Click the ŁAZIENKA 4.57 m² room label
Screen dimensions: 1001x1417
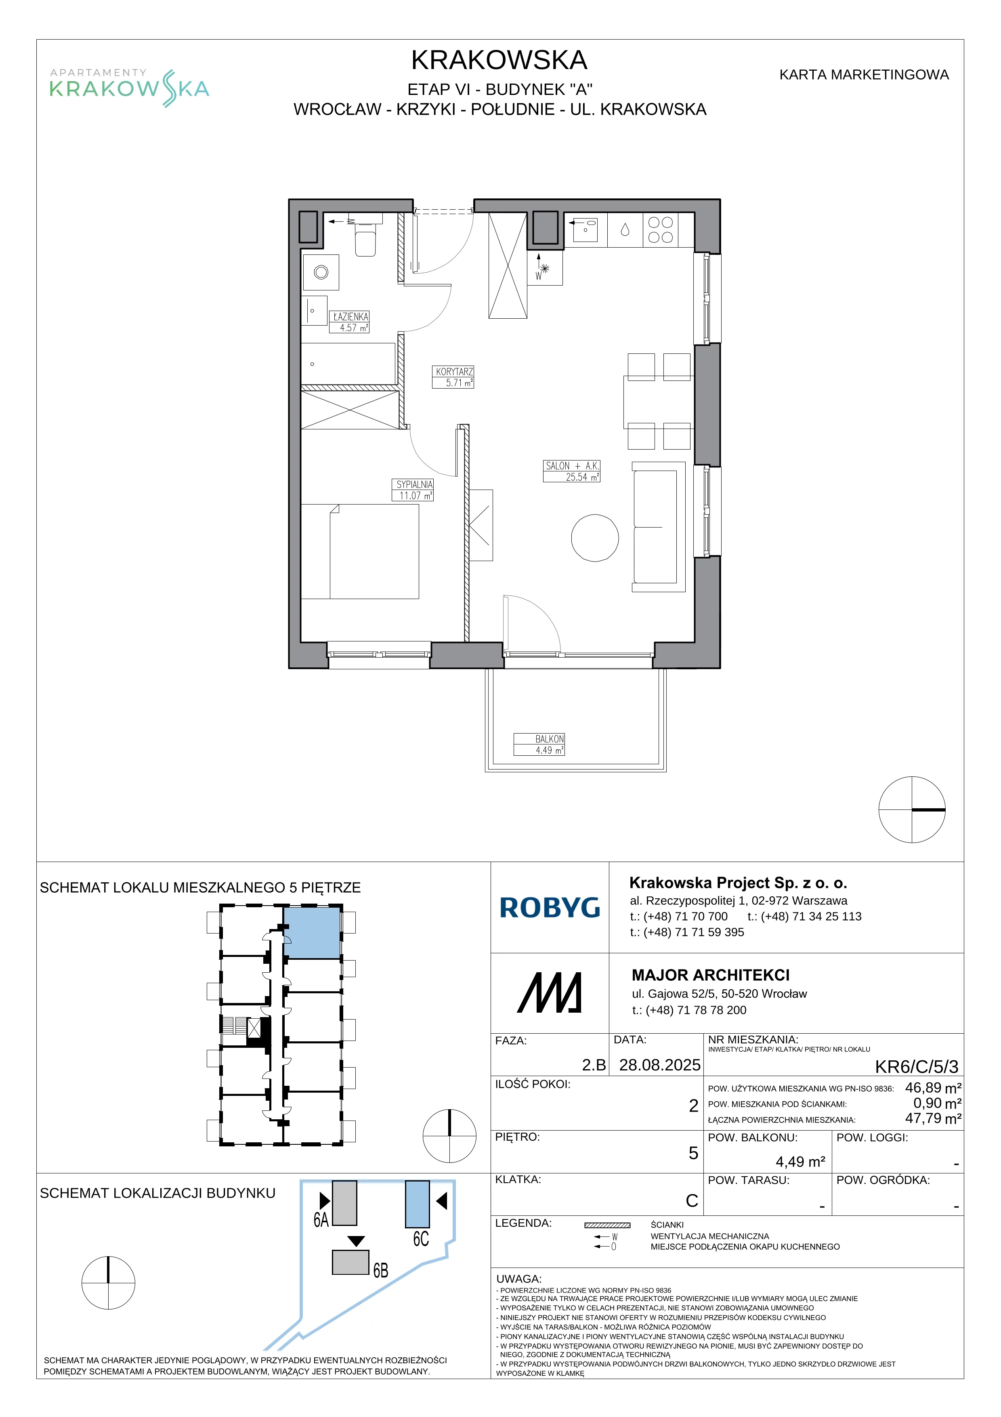point(349,322)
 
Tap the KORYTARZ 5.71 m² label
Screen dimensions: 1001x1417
point(454,377)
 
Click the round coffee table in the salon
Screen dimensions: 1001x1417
point(594,538)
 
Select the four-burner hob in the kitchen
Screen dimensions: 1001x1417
point(661,229)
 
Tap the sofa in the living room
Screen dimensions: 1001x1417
point(659,527)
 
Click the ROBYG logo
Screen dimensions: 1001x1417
point(550,908)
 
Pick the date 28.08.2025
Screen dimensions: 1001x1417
point(659,1065)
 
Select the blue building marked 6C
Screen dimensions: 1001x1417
point(418,1204)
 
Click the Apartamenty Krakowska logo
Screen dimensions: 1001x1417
point(130,88)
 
